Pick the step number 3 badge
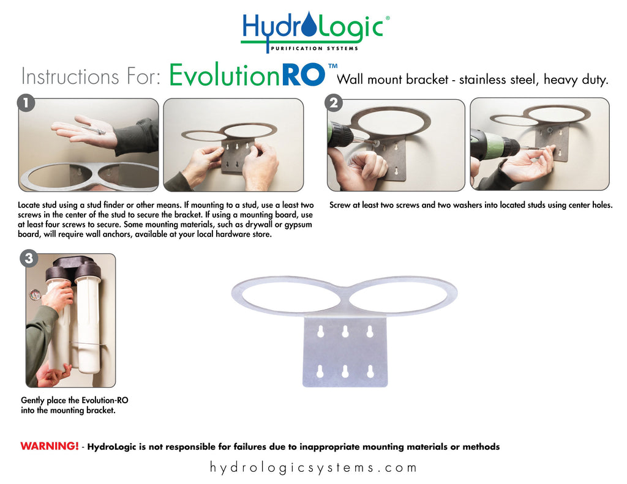click(x=28, y=258)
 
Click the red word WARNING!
click(x=50, y=447)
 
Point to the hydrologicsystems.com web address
click(x=313, y=468)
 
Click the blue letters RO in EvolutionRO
click(x=304, y=76)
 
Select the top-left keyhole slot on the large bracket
click(x=320, y=332)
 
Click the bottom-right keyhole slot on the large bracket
click(x=370, y=371)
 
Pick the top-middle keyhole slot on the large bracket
click(x=345, y=332)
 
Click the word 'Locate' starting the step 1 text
click(x=32, y=206)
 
